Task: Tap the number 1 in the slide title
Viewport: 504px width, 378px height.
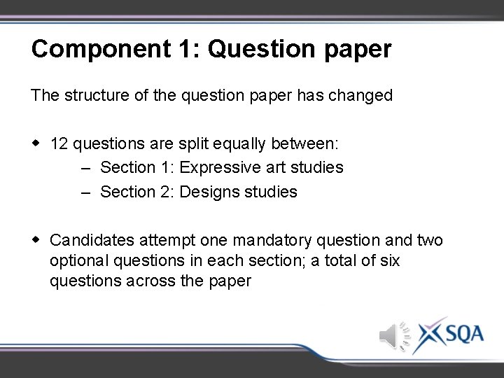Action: tap(192, 49)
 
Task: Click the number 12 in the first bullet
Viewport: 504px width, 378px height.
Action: tap(59, 144)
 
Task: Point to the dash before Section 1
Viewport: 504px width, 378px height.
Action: tap(85, 168)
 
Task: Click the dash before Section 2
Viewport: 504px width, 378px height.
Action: tap(85, 192)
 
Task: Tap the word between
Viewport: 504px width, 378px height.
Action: tap(308, 144)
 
